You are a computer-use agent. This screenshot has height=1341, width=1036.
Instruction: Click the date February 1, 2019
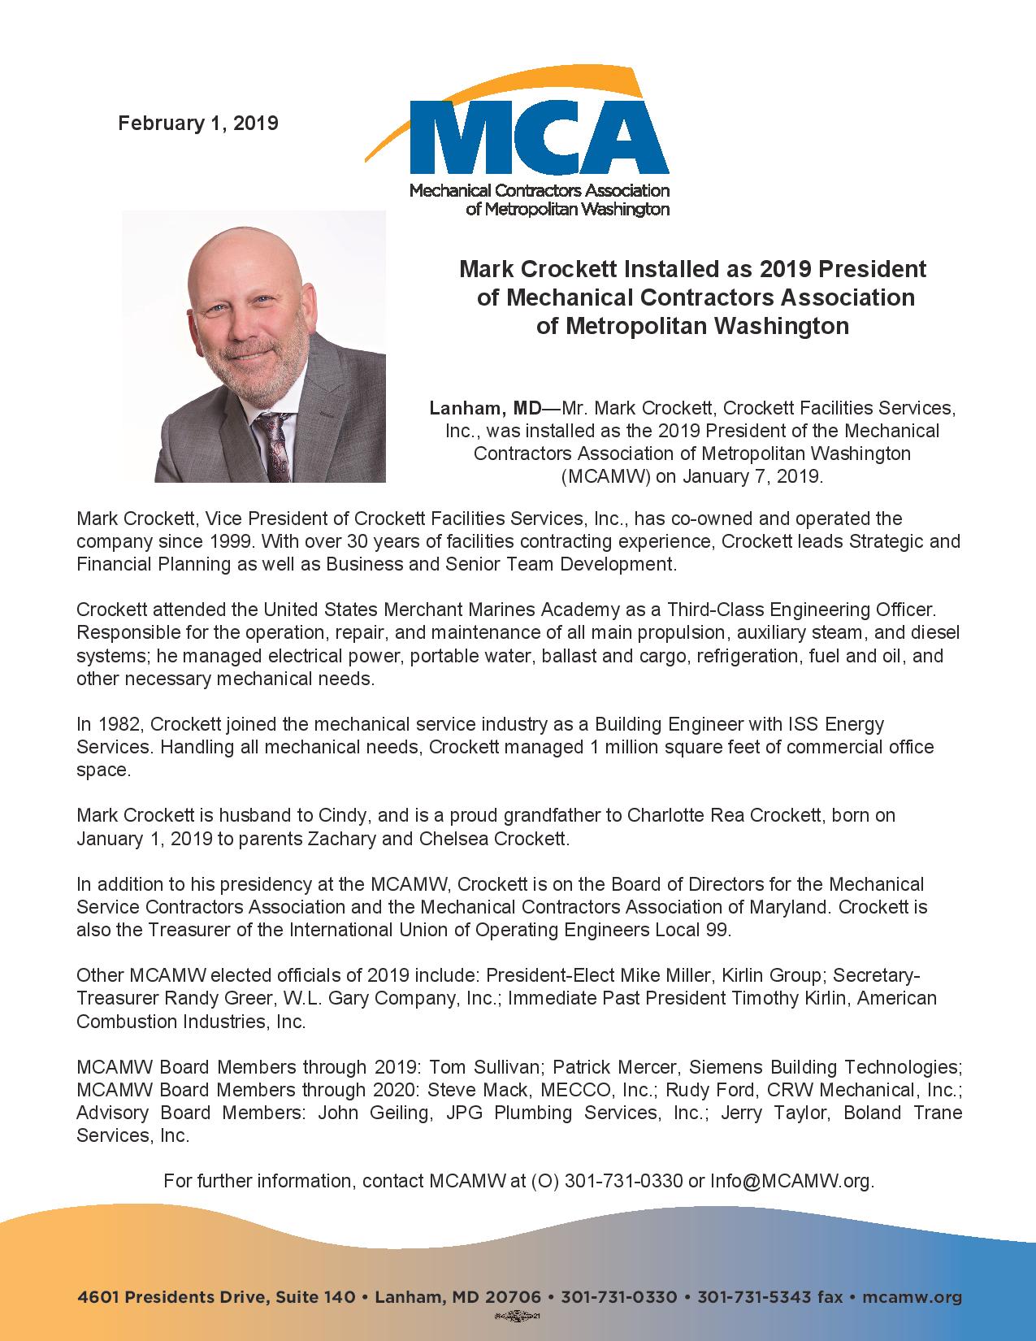point(198,124)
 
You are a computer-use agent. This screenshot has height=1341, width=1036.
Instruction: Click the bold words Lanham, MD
point(485,407)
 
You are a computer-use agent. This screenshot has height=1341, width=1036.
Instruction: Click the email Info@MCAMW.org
point(791,1181)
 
